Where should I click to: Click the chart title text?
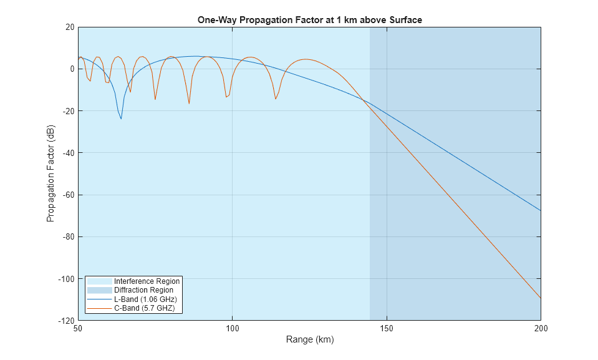[x=309, y=20]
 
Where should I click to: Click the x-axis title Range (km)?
[x=309, y=340]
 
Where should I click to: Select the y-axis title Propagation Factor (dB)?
[x=51, y=173]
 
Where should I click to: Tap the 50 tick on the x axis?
[x=78, y=328]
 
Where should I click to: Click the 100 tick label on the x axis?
[x=232, y=328]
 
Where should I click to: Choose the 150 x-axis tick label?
[x=387, y=328]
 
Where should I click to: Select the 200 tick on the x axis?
[x=540, y=328]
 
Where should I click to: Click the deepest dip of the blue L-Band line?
[x=121, y=119]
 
